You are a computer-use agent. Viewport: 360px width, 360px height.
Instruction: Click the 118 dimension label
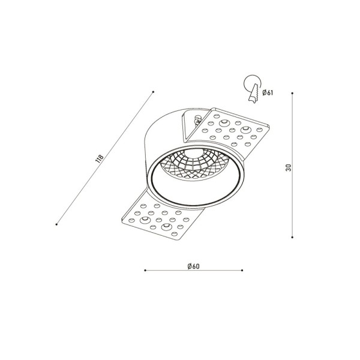click(100, 159)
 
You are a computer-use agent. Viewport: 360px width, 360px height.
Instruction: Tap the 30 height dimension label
click(289, 167)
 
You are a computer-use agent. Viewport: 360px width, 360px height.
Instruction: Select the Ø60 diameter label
click(194, 266)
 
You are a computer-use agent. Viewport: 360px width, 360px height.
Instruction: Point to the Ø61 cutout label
click(268, 92)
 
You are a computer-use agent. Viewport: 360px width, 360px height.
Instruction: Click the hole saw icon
click(253, 89)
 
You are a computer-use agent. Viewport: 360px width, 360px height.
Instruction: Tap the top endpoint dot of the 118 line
click(153, 92)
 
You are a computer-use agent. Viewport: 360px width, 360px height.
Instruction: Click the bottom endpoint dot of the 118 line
click(56, 224)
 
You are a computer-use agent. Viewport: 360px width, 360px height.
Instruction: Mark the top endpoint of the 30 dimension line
click(292, 93)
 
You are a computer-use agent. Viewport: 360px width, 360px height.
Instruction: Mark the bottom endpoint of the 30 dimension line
click(292, 237)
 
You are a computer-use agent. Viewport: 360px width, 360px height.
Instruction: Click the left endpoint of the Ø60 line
click(145, 271)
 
